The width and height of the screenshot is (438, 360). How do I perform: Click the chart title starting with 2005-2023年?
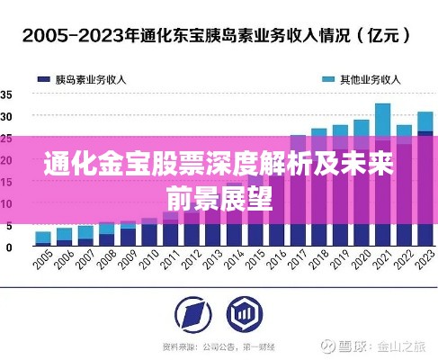pos(219,36)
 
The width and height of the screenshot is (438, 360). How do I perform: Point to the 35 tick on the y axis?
pos(6,94)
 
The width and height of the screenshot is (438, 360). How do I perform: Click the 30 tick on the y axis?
pos(6,116)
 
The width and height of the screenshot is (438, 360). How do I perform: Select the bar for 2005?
pos(42,238)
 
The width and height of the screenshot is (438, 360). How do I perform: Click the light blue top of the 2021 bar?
pos(382,117)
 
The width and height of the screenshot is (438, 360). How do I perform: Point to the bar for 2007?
pos(85,236)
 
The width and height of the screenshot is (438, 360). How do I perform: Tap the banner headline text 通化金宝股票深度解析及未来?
pos(219,165)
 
